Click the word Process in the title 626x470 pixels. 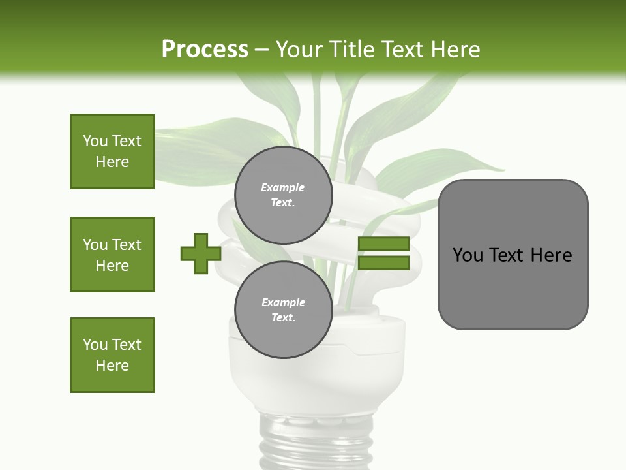[205, 50]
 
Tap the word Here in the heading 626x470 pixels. [455, 50]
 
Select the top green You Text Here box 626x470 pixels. [112, 151]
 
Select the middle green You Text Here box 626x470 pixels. [112, 255]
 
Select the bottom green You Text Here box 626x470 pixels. [112, 355]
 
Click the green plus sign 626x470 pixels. [201, 253]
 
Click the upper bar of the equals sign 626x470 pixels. [383, 244]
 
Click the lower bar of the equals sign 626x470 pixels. [383, 263]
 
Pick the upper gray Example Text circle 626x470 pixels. [283, 195]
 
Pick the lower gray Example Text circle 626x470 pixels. [283, 310]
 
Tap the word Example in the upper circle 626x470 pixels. [283, 187]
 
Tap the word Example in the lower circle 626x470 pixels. [283, 302]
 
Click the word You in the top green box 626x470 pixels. [95, 141]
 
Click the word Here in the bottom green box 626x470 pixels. [112, 366]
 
